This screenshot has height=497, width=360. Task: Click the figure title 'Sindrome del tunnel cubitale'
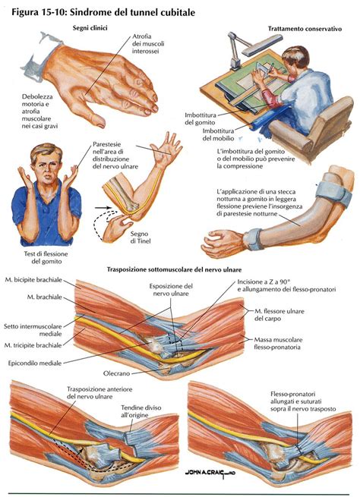[132, 13]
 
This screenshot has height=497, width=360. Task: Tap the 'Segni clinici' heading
[90, 28]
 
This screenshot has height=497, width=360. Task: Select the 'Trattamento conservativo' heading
[305, 29]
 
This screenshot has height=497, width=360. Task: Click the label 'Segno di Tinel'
[139, 237]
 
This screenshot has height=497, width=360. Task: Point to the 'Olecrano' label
[116, 373]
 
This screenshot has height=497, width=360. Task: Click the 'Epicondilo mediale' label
[35, 363]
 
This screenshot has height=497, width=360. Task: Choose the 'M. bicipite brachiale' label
[33, 280]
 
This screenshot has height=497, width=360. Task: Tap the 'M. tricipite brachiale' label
[33, 345]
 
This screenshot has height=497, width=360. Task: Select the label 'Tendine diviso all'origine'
[141, 411]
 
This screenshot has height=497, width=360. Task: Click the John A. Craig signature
[210, 473]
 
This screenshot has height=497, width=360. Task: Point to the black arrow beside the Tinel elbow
[103, 208]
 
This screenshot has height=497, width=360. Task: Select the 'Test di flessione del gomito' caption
[46, 257]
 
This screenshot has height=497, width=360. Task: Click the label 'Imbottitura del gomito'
[201, 118]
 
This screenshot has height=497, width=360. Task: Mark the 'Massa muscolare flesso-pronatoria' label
[278, 343]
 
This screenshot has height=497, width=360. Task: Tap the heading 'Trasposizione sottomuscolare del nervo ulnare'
[174, 269]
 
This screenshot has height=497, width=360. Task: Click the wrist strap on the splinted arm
[253, 239]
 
